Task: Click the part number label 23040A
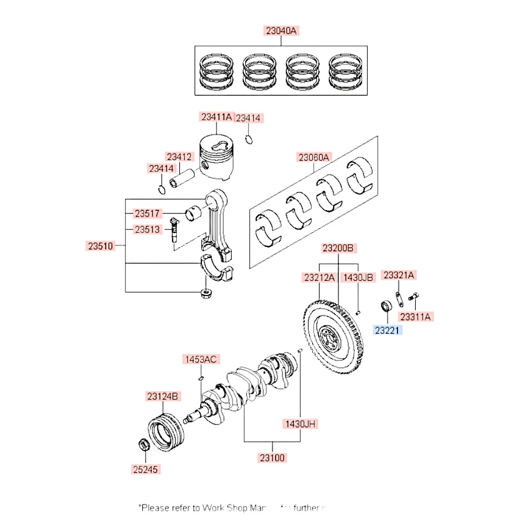point(281,31)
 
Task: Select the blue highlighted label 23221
point(388,330)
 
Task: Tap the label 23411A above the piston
point(215,117)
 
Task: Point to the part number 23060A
point(314,157)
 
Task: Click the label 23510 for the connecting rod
point(100,245)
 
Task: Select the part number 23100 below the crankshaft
point(272,458)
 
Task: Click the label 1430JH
point(301,424)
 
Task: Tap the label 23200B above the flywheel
point(339,247)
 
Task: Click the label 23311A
point(417,316)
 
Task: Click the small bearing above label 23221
point(386,306)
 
